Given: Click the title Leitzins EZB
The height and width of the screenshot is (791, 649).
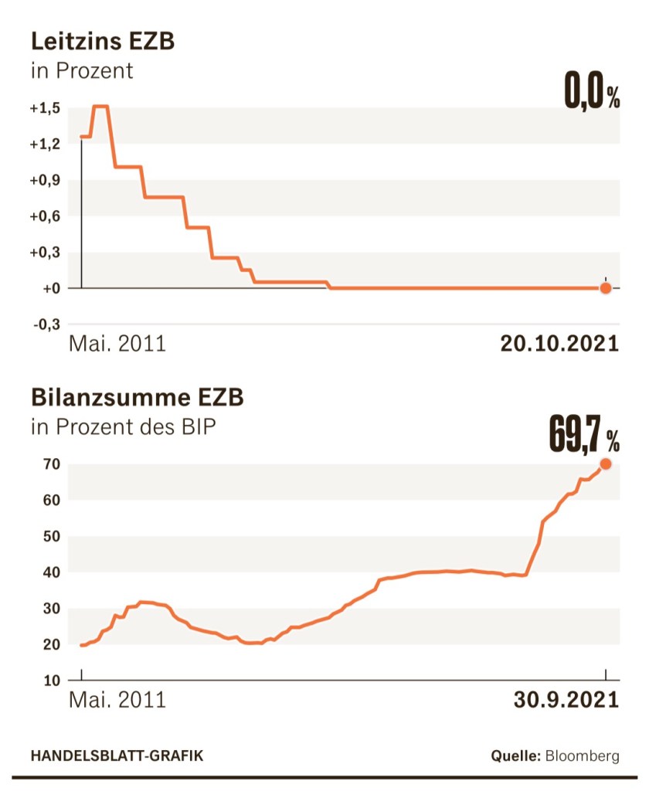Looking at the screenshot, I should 103,41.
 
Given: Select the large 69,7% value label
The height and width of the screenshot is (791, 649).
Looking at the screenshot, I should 584,436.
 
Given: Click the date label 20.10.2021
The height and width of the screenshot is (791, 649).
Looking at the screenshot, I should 559,344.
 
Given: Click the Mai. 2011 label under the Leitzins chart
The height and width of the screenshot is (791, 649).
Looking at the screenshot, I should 117,344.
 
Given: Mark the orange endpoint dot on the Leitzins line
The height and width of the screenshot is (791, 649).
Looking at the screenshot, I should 606,288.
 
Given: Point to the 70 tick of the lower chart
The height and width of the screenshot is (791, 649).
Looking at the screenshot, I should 53,464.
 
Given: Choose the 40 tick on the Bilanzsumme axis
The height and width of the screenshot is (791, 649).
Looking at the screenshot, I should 53,572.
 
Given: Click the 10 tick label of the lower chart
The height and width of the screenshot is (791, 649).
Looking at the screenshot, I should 53,681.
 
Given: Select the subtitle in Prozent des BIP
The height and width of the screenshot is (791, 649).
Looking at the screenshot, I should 124,427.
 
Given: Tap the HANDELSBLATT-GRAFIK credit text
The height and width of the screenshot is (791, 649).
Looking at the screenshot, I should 117,755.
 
